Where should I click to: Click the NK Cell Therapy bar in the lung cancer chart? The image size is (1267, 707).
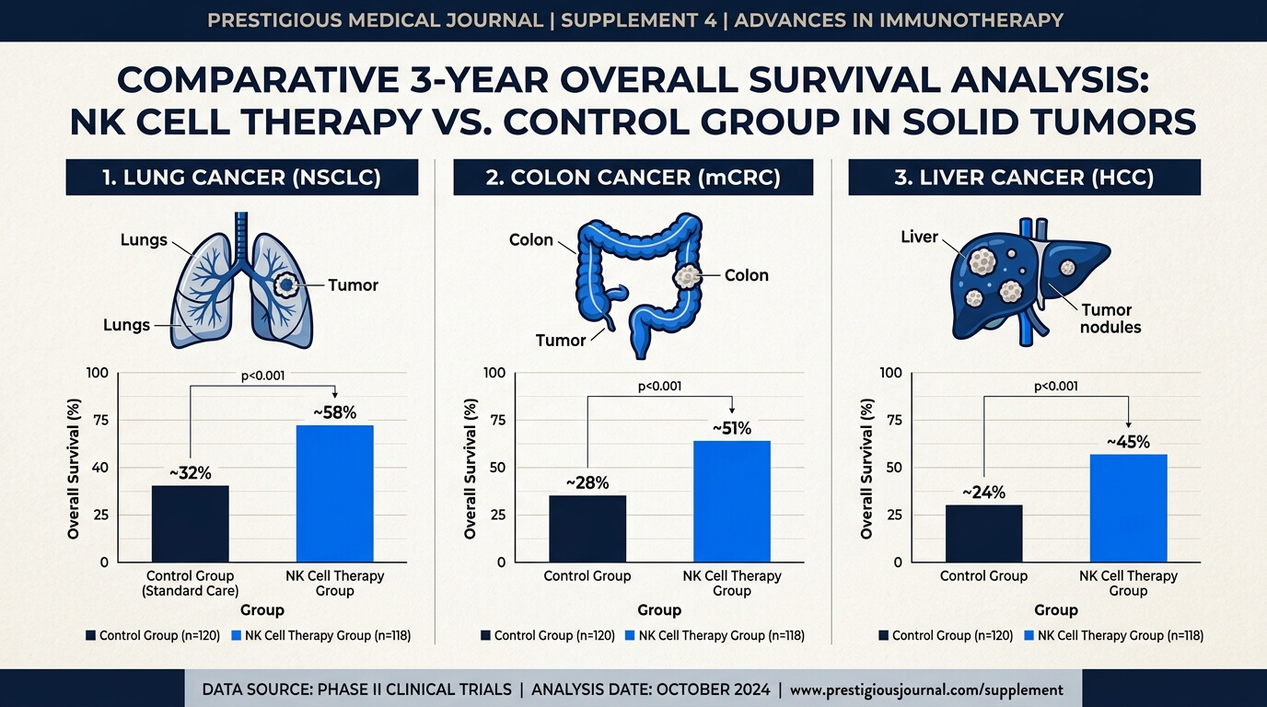click(335, 493)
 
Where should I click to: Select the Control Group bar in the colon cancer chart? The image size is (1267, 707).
click(587, 528)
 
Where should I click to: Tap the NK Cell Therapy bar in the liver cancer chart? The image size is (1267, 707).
click(1129, 508)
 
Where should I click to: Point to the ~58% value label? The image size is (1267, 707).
click(335, 413)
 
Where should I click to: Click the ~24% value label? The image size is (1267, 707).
click(984, 493)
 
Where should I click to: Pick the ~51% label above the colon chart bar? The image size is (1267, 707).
click(732, 429)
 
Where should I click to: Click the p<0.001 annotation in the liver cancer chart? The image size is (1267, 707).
click(1056, 387)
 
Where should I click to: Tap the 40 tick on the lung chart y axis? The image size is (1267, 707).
click(100, 468)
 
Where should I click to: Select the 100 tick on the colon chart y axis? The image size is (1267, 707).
click(494, 373)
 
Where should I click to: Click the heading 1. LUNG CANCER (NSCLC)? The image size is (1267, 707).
click(241, 178)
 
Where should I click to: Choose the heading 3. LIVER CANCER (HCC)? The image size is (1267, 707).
click(1024, 178)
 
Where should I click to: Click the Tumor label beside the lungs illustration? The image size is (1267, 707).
click(353, 285)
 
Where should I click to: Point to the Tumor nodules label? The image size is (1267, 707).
click(1110, 319)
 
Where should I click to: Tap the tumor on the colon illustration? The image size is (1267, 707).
click(687, 276)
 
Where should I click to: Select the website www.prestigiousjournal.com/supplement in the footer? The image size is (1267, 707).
click(926, 690)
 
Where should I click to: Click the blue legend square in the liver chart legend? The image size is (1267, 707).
click(1029, 636)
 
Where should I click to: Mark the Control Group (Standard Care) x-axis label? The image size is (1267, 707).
click(190, 583)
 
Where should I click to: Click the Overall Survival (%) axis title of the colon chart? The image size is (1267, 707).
click(470, 469)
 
